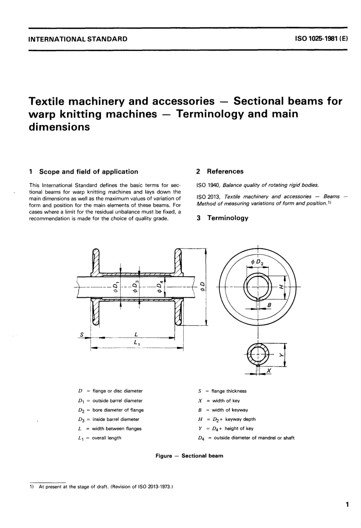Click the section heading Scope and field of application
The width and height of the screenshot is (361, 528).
[89, 172]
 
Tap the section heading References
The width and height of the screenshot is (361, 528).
[225, 172]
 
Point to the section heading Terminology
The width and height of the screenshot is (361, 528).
[227, 218]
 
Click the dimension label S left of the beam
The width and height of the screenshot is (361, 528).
[81, 334]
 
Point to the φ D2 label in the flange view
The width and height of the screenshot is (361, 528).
[257, 262]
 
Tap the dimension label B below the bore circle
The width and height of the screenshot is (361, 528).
[269, 304]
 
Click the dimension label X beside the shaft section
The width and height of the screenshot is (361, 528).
[269, 371]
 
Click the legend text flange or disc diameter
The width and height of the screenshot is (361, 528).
[117, 391]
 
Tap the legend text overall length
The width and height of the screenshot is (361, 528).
[106, 438]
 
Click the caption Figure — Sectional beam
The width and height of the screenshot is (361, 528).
[189, 456]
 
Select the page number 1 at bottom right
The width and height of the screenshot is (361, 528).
[347, 504]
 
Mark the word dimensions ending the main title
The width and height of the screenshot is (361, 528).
[59, 127]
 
